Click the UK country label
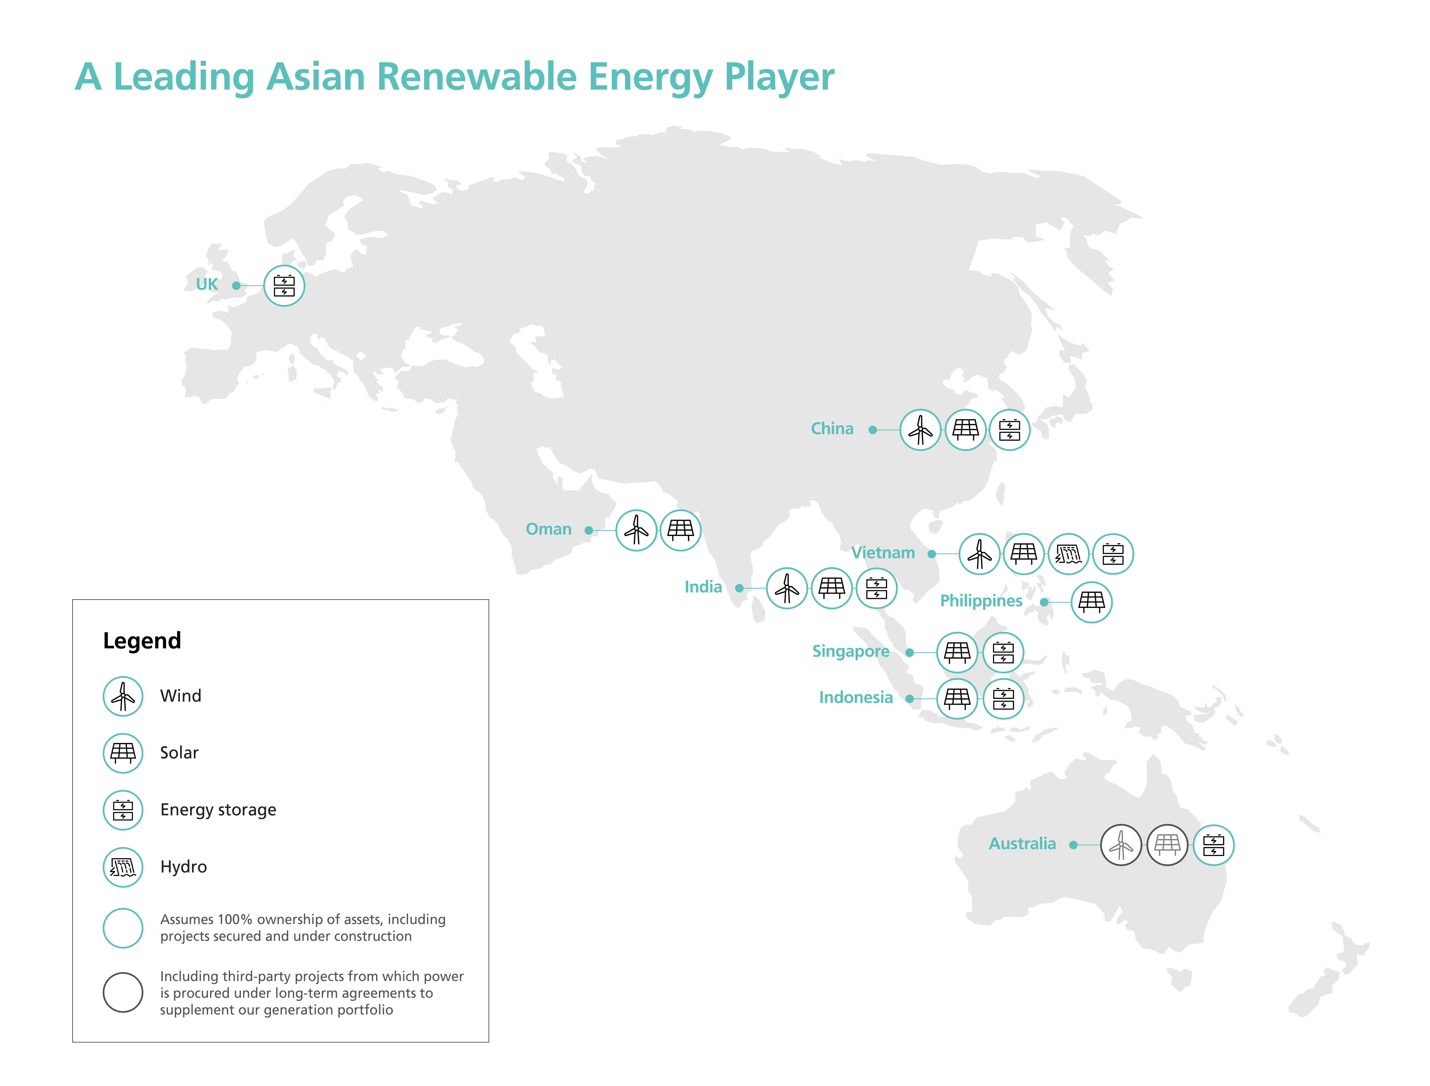(207, 284)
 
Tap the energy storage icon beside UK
(284, 286)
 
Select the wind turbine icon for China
(920, 430)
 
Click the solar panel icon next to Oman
(680, 530)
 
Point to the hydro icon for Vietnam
(1068, 554)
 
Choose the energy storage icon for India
(876, 588)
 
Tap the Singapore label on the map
(851, 652)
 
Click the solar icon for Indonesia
(957, 699)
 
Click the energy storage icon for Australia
(1213, 845)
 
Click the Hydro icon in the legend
(123, 867)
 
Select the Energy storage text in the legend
(218, 810)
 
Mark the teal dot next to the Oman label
(588, 530)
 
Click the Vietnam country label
(883, 553)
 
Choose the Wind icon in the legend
(123, 696)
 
